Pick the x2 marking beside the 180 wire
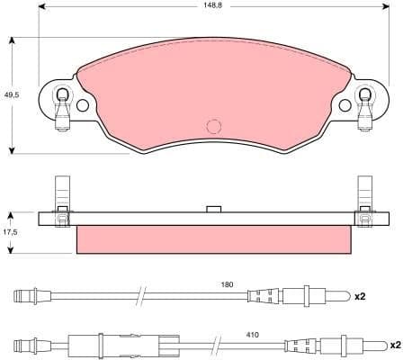pyautogui.click(x=361, y=296)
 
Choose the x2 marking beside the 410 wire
pyautogui.click(x=394, y=345)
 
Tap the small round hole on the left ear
pyautogui.click(x=82, y=105)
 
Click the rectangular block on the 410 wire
pyautogui.click(x=88, y=345)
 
